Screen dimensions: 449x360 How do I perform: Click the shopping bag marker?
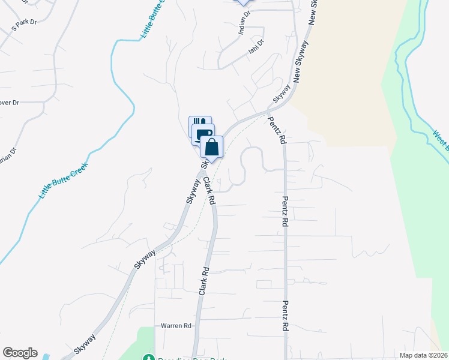pyautogui.click(x=211, y=147)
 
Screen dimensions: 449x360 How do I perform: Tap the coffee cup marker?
pyautogui.click(x=203, y=133)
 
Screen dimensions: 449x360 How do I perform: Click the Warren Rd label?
pyautogui.click(x=175, y=326)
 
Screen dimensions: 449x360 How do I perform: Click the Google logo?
pyautogui.click(x=20, y=353)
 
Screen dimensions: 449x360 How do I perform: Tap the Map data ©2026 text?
pyautogui.click(x=424, y=355)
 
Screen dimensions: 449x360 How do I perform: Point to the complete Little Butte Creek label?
pyautogui.click(x=63, y=181)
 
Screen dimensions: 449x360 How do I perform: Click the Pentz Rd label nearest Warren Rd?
pyautogui.click(x=286, y=316)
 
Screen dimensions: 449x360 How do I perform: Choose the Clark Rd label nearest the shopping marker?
pyautogui.click(x=209, y=191)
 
